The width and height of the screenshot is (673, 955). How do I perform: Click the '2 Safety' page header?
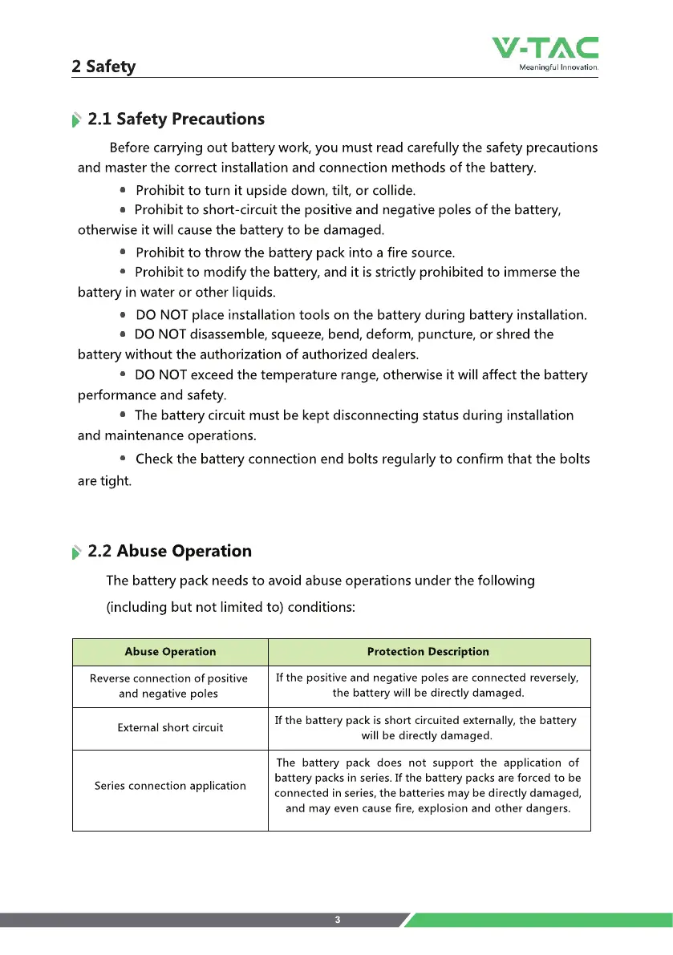click(103, 67)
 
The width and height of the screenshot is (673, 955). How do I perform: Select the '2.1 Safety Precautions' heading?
click(176, 119)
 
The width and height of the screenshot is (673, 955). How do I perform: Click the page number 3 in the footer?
click(338, 920)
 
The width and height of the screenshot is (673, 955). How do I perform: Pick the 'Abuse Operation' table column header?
click(170, 652)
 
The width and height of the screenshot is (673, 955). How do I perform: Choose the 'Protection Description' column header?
click(428, 652)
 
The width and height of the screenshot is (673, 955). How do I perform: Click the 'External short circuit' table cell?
click(170, 728)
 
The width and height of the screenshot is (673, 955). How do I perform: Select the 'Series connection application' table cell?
click(170, 786)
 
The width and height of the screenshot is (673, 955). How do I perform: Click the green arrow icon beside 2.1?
click(76, 120)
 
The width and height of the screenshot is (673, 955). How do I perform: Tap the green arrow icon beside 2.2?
click(76, 552)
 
